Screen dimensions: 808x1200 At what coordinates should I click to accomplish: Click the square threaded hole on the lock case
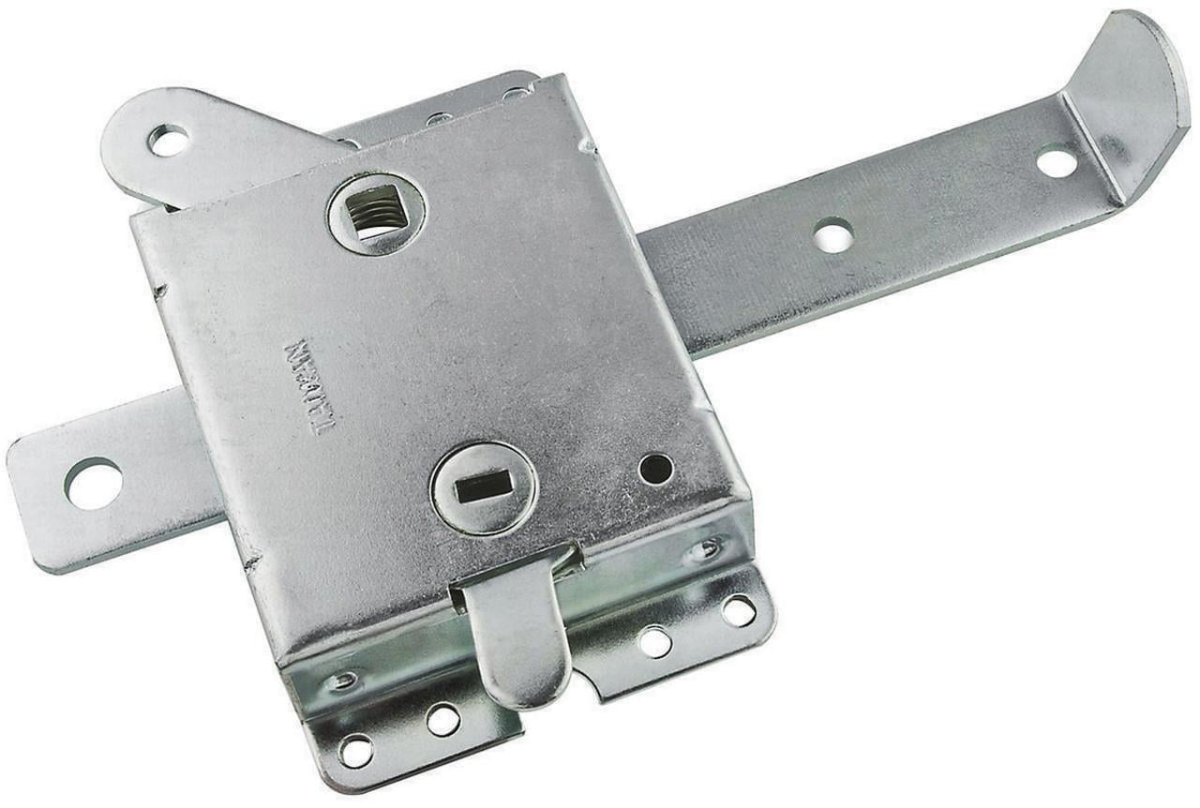pyautogui.click(x=379, y=212)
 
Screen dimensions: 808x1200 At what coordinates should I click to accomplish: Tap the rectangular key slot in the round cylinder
pyautogui.click(x=484, y=486)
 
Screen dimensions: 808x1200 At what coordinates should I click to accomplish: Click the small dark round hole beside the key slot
pyautogui.click(x=655, y=468)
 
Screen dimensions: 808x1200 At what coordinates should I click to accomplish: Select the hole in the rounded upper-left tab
pyautogui.click(x=169, y=141)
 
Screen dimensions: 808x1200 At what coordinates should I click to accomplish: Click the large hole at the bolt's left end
pyautogui.click(x=93, y=483)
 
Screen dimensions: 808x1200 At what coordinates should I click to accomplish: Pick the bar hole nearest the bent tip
pyautogui.click(x=1057, y=162)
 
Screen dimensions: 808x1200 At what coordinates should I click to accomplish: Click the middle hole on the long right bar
pyautogui.click(x=833, y=234)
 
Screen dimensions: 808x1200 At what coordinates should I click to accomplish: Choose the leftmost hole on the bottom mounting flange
pyautogui.click(x=355, y=749)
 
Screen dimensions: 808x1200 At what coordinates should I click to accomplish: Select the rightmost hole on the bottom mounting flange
pyautogui.click(x=738, y=611)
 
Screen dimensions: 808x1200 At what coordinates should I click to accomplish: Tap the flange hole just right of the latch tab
pyautogui.click(x=654, y=642)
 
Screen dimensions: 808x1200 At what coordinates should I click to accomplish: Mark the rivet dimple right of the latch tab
pyautogui.click(x=705, y=549)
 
